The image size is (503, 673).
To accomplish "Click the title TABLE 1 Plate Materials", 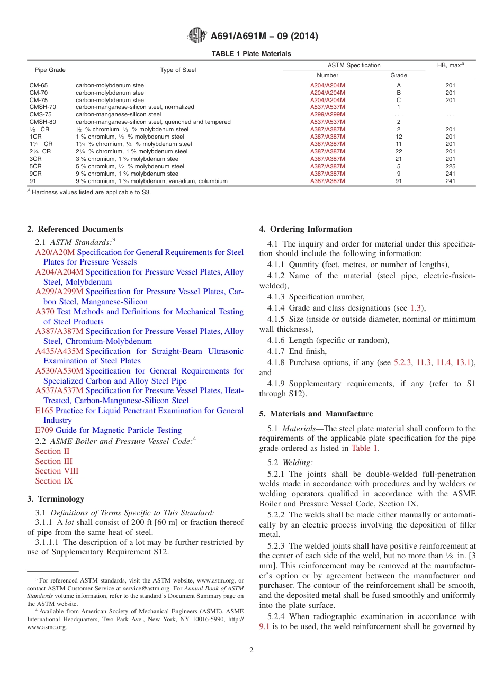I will click(251, 54).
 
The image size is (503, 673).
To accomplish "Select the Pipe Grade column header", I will click(50, 70).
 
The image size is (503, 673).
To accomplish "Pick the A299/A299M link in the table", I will click(327, 114).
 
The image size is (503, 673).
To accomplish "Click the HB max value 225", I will click(450, 166).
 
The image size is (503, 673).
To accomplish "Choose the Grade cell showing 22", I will click(399, 151).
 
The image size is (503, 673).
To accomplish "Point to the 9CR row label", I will click(35, 174).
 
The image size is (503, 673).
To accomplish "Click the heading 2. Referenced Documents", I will click(75, 229).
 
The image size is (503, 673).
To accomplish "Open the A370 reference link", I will click(44, 312).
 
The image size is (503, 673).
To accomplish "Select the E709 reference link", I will click(44, 430).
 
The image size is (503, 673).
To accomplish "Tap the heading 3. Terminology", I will click(56, 499).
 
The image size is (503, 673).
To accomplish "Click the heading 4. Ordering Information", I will click(306, 229).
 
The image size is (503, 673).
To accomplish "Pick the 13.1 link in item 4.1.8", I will click(464, 362).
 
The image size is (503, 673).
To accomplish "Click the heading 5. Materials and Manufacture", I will click(316, 414).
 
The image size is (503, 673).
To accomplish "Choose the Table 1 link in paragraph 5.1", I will click(365, 448).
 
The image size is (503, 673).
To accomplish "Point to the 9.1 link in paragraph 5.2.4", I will click(265, 626).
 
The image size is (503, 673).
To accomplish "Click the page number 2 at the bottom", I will click(251, 650).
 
